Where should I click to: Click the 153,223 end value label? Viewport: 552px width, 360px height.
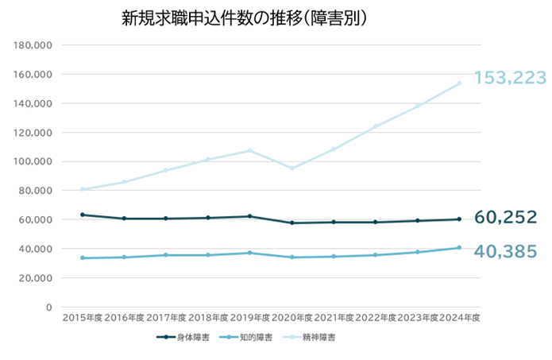510,78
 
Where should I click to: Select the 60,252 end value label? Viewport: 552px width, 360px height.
506,218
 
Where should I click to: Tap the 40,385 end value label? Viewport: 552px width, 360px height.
506,252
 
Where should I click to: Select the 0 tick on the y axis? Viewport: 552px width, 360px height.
48,307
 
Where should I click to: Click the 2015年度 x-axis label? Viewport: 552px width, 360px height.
82,318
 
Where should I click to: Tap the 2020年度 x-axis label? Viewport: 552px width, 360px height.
291,318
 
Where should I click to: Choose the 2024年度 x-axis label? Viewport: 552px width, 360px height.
460,318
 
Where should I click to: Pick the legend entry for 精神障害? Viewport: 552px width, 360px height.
312,338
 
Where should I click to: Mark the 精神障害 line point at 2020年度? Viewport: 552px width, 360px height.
291,168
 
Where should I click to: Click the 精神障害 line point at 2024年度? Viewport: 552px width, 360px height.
459,84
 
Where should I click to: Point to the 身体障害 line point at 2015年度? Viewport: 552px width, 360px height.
82,215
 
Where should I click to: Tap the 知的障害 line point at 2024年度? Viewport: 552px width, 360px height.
459,248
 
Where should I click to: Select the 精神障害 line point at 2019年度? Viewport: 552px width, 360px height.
249,150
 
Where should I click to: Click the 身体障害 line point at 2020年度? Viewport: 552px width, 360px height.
291,223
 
